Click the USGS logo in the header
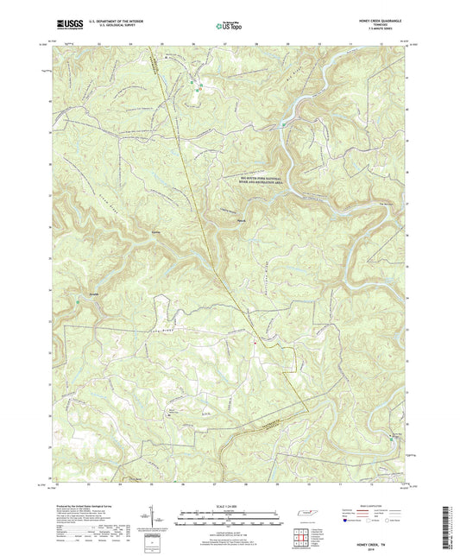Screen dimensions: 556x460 pos(65,25)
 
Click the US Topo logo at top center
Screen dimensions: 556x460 pos(226,26)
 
